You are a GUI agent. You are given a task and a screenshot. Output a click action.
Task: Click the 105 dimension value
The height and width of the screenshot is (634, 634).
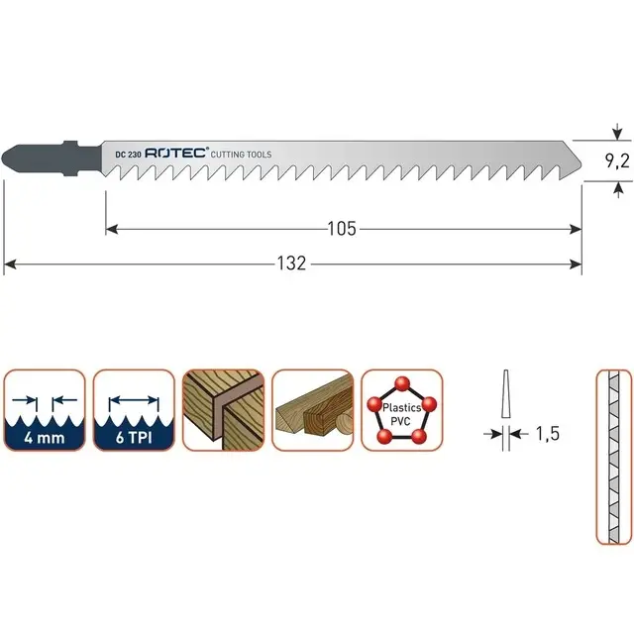click(x=342, y=229)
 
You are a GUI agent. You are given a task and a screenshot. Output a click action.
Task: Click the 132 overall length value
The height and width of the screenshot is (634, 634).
click(x=291, y=264)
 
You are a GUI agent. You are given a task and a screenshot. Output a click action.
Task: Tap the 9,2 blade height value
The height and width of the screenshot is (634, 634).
click(x=617, y=161)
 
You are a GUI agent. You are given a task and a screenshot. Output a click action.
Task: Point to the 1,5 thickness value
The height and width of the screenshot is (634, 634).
click(x=548, y=434)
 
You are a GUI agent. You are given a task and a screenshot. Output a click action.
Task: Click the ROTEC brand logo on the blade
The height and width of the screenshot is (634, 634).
click(x=176, y=153)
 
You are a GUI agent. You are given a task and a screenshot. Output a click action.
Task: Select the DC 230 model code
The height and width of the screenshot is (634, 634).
click(x=128, y=155)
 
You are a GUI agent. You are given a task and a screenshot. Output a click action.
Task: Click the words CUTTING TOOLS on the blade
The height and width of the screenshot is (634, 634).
click(x=241, y=155)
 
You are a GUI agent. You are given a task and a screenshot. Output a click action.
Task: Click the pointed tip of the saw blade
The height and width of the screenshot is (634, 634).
click(x=581, y=166)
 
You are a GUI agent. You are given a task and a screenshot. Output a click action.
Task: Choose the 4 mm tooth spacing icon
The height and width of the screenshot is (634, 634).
click(x=45, y=409)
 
